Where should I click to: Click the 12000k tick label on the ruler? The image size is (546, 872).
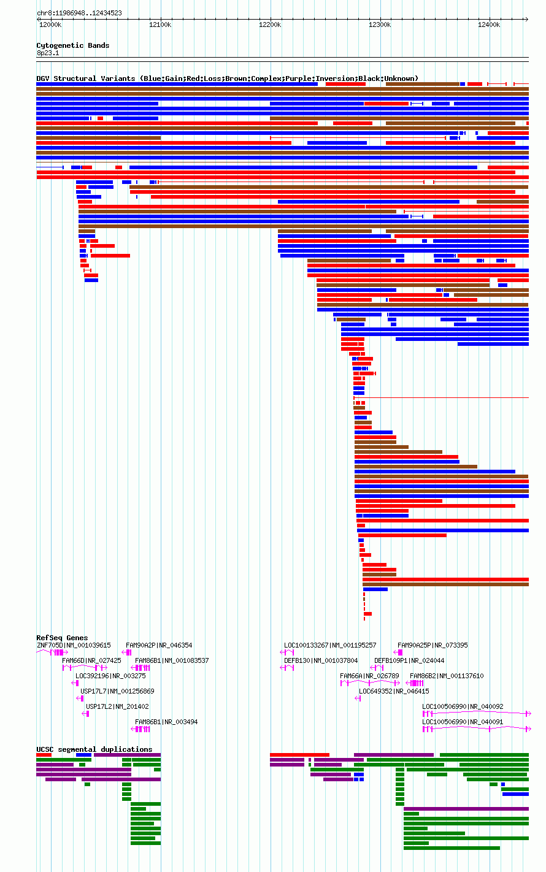click(x=50, y=25)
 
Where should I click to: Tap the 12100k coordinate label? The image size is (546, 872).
click(x=160, y=25)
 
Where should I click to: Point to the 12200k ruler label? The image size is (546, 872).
click(x=270, y=25)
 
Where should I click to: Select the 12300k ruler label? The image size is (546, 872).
click(x=380, y=25)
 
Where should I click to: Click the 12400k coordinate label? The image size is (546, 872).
click(x=489, y=25)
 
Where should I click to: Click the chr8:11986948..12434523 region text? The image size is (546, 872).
click(x=80, y=13)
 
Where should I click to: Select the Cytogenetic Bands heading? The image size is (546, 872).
click(x=73, y=45)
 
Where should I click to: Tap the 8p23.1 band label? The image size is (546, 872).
click(x=48, y=53)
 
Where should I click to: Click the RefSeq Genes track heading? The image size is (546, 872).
click(x=62, y=638)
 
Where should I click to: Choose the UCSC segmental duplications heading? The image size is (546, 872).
click(x=94, y=749)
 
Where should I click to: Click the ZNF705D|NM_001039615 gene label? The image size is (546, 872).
click(x=74, y=646)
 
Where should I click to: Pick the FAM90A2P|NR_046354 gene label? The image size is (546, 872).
click(x=159, y=646)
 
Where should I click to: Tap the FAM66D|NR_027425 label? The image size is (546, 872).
click(x=91, y=660)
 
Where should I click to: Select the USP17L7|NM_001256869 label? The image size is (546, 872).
click(x=117, y=691)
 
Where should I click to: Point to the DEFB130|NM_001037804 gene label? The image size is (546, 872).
click(x=321, y=660)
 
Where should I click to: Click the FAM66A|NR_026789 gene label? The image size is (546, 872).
click(x=369, y=676)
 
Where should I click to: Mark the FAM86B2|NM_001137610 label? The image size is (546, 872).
click(x=447, y=676)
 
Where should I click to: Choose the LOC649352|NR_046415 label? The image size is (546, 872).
click(x=394, y=691)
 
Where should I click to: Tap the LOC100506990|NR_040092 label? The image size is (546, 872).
click(x=463, y=706)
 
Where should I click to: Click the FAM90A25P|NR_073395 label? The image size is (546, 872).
click(x=433, y=646)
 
